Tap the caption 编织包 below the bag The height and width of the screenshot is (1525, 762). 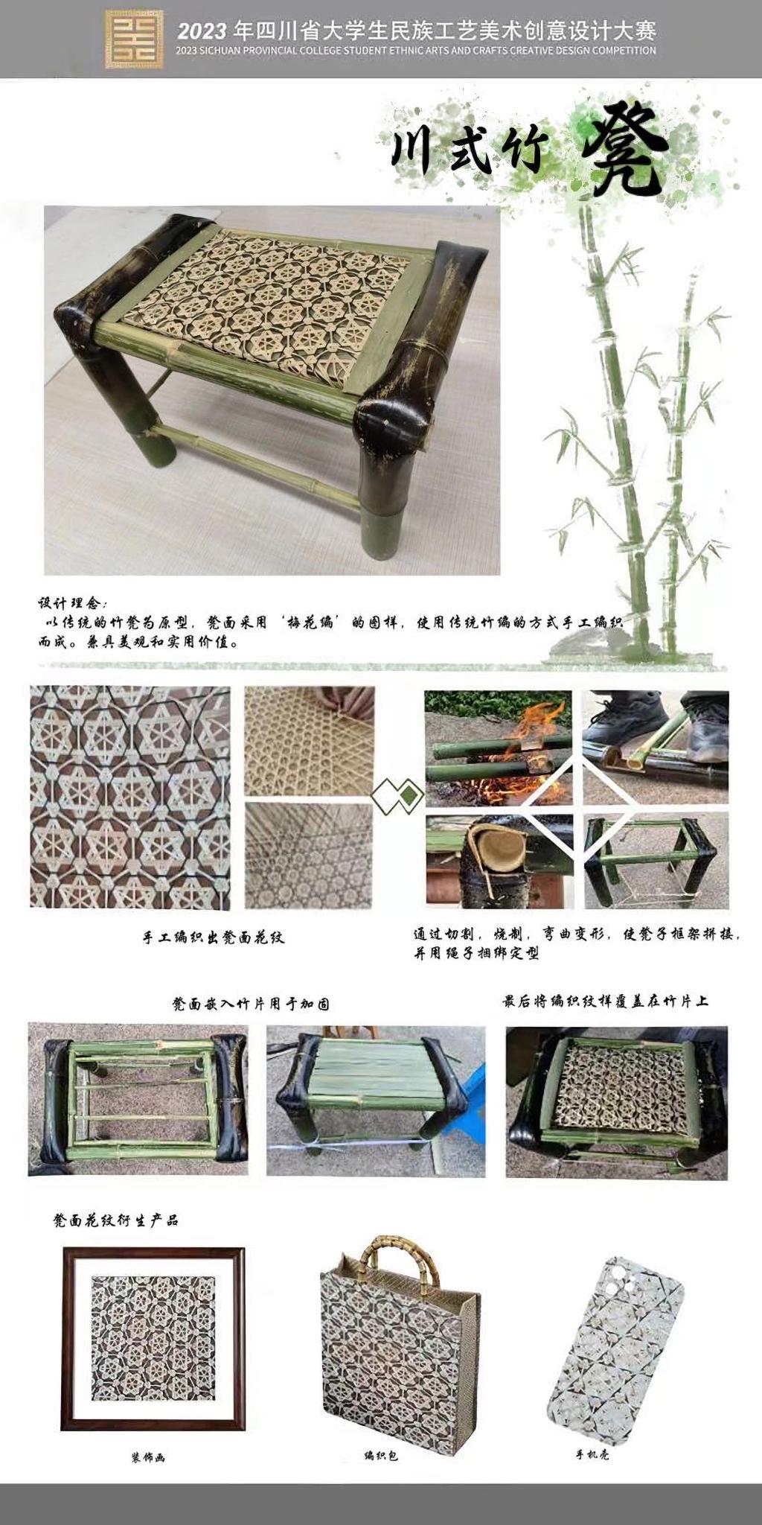(380, 1456)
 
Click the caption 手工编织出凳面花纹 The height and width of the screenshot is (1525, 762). (214, 937)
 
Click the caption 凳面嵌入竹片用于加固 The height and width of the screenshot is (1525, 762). (251, 1004)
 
